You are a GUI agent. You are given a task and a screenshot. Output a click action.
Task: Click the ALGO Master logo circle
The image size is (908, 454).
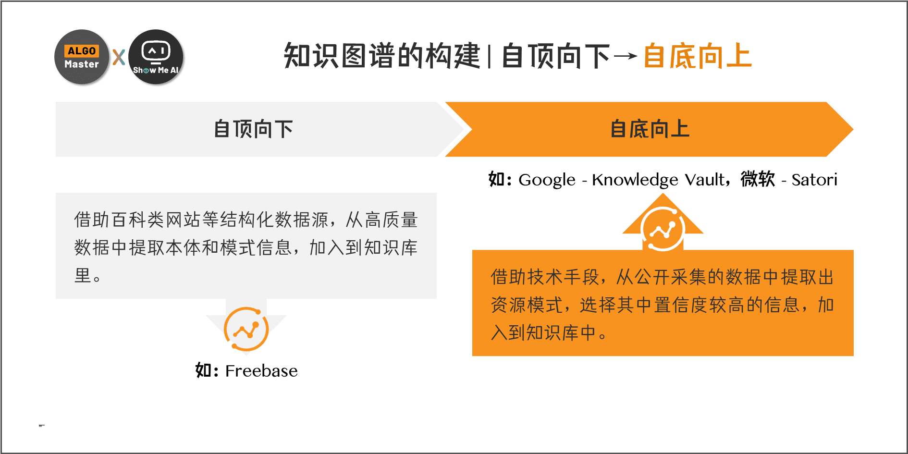click(x=82, y=57)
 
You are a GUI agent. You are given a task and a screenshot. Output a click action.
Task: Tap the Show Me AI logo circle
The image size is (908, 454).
click(x=156, y=57)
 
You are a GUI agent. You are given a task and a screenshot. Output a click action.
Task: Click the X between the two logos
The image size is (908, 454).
click(x=119, y=57)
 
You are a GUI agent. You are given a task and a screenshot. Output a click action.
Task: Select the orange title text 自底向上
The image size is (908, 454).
click(x=697, y=56)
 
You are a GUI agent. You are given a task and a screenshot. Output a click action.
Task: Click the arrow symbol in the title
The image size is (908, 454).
click(x=626, y=57)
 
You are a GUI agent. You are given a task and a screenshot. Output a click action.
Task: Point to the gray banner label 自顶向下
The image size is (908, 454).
click(x=253, y=129)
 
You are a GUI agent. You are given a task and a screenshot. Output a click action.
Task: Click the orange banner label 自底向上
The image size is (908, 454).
click(x=650, y=129)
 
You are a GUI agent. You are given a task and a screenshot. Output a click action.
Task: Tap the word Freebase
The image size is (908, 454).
click(x=261, y=371)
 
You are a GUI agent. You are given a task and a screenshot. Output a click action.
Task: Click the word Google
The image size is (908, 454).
click(x=547, y=180)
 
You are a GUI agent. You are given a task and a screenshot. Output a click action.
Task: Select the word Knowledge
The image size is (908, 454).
click(x=635, y=180)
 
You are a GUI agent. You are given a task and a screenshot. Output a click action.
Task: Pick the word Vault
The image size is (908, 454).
click(x=705, y=179)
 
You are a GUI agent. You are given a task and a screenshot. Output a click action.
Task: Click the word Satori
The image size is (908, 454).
click(x=814, y=180)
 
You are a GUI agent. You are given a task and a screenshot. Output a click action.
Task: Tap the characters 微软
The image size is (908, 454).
click(x=758, y=179)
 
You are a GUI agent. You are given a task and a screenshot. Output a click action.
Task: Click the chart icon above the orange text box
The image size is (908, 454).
click(x=663, y=229)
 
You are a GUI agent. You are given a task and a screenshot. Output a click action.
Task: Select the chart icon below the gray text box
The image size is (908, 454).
click(x=246, y=330)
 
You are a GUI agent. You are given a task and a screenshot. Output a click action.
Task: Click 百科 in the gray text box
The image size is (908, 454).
click(x=129, y=220)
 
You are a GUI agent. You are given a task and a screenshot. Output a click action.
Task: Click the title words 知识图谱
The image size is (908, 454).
click(x=340, y=56)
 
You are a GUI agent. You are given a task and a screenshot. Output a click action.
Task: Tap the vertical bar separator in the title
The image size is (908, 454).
click(x=489, y=57)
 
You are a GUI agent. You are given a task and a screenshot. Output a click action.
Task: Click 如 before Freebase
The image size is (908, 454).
click(x=203, y=370)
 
